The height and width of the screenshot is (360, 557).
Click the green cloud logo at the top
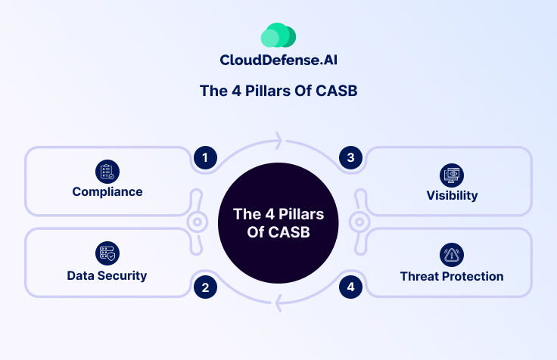point(278,35)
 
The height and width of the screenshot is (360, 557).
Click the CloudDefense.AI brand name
point(278,61)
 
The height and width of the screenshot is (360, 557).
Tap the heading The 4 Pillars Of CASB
point(278,92)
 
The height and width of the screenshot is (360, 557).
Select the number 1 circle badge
point(204,157)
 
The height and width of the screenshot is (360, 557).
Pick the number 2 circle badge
point(204,287)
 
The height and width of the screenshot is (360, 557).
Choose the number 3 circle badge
point(350,157)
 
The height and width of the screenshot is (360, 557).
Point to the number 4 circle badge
point(350,287)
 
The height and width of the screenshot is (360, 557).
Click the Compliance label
point(107,191)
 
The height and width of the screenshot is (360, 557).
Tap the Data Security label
point(107,275)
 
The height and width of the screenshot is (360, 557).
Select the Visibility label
point(452,195)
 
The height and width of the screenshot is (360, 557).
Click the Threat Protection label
point(452,276)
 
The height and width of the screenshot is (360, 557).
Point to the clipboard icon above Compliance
point(107,171)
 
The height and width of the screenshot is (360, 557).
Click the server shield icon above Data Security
point(107,253)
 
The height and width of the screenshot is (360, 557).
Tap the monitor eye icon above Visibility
point(452,174)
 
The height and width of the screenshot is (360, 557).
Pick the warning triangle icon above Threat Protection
point(452,255)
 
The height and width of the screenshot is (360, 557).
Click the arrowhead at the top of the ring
point(278,141)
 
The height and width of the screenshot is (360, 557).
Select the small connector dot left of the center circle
point(196,222)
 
